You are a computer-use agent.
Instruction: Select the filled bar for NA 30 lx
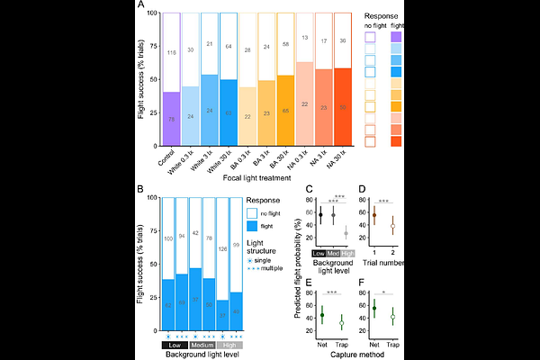341,109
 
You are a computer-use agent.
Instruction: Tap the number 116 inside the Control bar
173,54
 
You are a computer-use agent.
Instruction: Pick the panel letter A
141,6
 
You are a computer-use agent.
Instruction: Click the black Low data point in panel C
321,214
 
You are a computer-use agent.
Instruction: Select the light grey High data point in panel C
347,234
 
